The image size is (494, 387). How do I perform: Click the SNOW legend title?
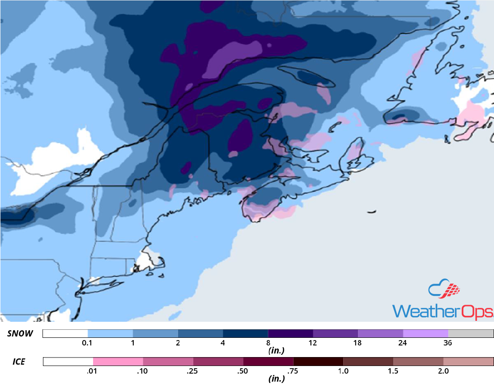tap(20, 334)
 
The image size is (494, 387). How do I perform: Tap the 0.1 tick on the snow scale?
tap(88, 343)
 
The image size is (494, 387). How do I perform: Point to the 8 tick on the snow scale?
tap(268, 343)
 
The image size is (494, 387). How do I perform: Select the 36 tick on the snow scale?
tap(448, 343)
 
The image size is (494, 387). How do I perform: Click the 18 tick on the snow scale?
tap(358, 343)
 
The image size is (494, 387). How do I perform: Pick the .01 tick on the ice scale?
tap(93, 371)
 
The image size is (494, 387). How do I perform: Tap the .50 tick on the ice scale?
tap(243, 371)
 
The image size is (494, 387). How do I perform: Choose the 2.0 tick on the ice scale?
tap(443, 371)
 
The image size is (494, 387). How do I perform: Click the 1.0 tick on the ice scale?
tap(343, 371)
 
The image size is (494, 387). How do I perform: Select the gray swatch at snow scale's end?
tap(471, 334)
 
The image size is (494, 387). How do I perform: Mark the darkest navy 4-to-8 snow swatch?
tap(246, 334)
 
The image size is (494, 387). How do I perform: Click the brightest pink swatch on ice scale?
tap(118, 361)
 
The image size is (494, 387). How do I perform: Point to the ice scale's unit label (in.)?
tap(276, 379)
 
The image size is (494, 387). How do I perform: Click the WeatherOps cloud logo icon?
tap(444, 290)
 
